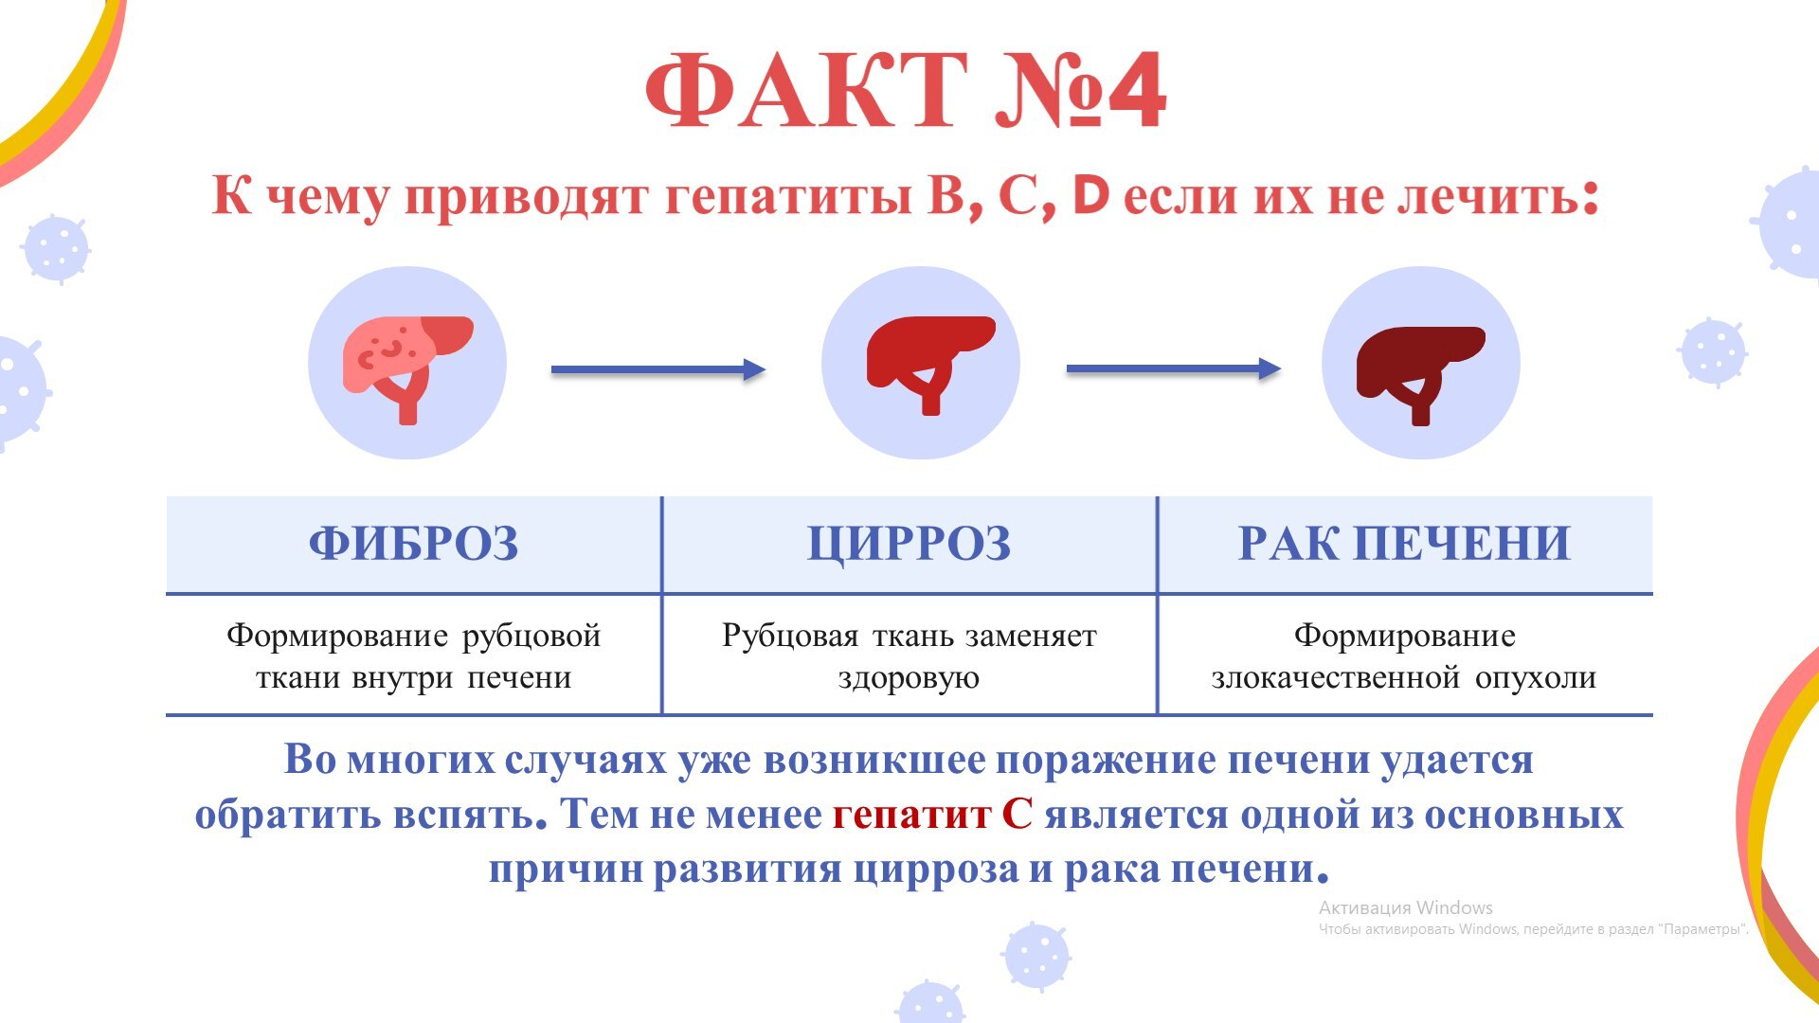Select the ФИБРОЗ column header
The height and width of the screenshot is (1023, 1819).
[x=414, y=544]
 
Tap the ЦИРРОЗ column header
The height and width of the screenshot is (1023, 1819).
[x=909, y=545]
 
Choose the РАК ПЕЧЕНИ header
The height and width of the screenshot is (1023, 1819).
[x=1405, y=544]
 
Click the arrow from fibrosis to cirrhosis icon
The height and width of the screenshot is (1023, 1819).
[x=658, y=369]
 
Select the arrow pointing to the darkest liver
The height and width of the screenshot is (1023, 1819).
[x=1174, y=369]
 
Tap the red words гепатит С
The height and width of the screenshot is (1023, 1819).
[x=932, y=815]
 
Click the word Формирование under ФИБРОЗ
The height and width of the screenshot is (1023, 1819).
[x=336, y=635]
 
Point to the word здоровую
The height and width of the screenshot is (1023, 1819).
[x=909, y=679]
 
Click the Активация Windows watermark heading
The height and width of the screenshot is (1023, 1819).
[x=1406, y=907]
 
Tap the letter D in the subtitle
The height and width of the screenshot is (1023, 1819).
[x=1091, y=195]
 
